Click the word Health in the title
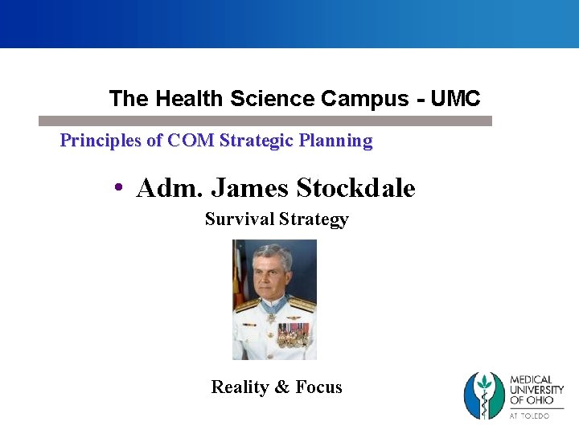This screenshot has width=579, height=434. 190,99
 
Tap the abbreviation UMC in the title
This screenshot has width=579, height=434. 455,99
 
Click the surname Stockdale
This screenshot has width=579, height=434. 355,189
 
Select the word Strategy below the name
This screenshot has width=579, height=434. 313,219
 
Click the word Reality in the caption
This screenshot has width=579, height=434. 240,387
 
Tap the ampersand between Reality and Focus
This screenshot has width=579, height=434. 282,387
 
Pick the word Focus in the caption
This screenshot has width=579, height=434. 318,387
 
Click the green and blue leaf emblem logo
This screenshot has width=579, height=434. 484,395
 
